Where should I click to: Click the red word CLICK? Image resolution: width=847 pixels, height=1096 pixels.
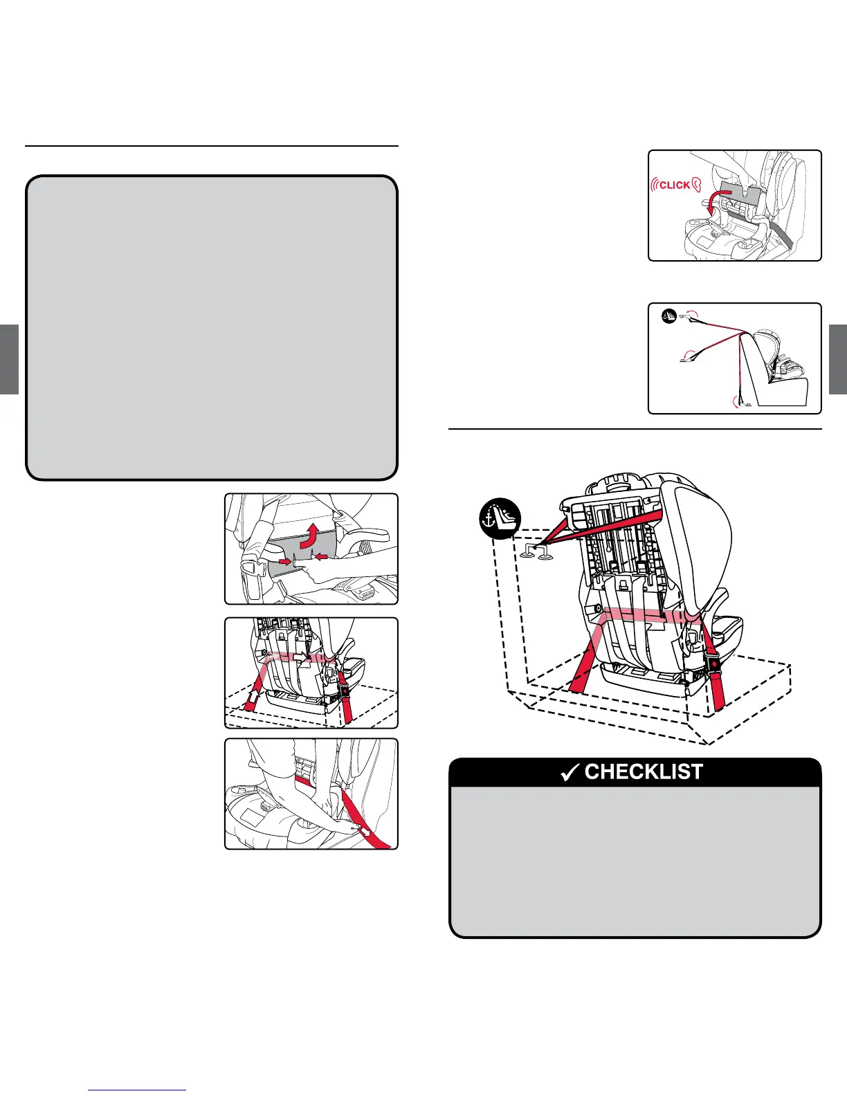pyautogui.click(x=675, y=185)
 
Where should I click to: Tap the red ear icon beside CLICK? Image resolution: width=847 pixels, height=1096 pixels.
pyautogui.click(x=698, y=185)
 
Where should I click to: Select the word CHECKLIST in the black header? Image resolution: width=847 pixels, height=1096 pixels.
pyautogui.click(x=644, y=771)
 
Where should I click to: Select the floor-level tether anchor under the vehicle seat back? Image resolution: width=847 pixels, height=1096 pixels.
pyautogui.click(x=739, y=402)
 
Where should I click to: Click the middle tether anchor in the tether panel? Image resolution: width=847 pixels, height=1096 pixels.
pyautogui.click(x=689, y=356)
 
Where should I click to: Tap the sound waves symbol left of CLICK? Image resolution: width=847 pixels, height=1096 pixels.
pyautogui.click(x=654, y=185)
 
